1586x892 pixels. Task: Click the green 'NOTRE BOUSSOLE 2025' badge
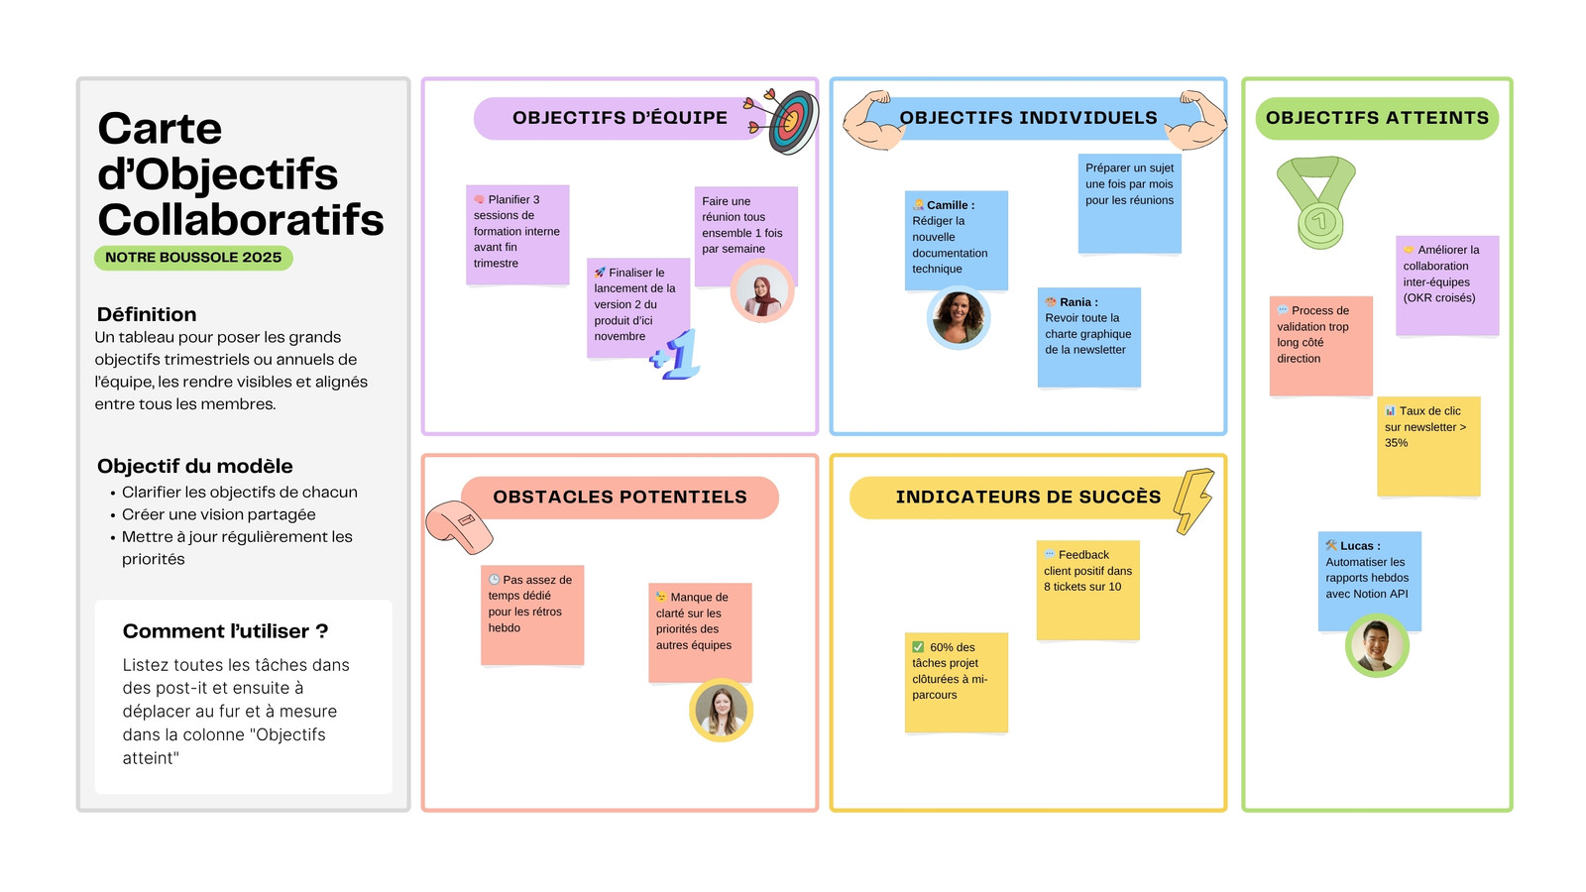[x=193, y=258]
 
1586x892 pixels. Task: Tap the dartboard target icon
[x=783, y=121]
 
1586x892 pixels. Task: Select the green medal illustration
[x=1317, y=202]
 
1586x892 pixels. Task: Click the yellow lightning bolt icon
[x=1193, y=501]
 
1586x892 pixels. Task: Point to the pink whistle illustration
[x=459, y=527]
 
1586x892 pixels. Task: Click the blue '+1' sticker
[x=675, y=355]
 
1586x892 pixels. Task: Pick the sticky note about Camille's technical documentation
[x=956, y=240]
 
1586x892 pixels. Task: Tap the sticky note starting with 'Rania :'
[x=1089, y=337]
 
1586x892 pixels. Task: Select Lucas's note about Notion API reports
[x=1369, y=581]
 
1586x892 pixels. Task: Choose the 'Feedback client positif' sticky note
[x=1088, y=591]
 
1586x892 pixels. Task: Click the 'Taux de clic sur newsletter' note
[x=1428, y=446]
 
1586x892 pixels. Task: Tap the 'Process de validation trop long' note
[x=1321, y=346]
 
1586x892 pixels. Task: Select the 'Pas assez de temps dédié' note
[x=532, y=615]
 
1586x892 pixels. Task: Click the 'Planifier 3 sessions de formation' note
[x=517, y=235]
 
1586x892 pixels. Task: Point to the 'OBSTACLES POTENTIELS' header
[x=620, y=498]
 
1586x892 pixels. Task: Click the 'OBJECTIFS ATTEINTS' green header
[x=1377, y=118]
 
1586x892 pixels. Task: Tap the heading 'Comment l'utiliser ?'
[x=225, y=631]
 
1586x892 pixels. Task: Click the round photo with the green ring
[x=1377, y=645]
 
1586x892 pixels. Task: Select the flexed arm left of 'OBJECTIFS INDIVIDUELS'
[x=873, y=120]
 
